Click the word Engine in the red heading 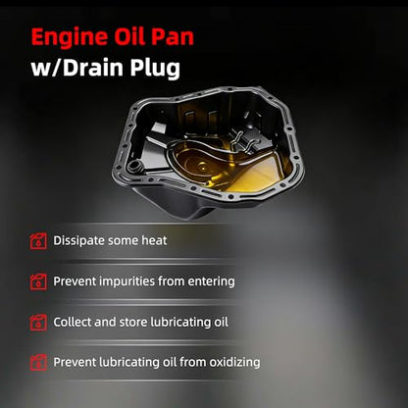click(x=70, y=38)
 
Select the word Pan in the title click(x=173, y=36)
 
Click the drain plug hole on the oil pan click(x=134, y=166)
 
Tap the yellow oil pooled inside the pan click(x=229, y=165)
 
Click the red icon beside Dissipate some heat click(x=38, y=241)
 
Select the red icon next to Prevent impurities click(x=38, y=281)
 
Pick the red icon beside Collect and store click(x=38, y=323)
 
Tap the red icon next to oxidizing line click(x=38, y=363)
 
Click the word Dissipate click(x=78, y=241)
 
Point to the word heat click(x=154, y=240)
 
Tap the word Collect click(x=72, y=322)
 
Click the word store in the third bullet click(x=132, y=323)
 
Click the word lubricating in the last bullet click(x=129, y=363)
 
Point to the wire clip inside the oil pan click(x=243, y=141)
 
